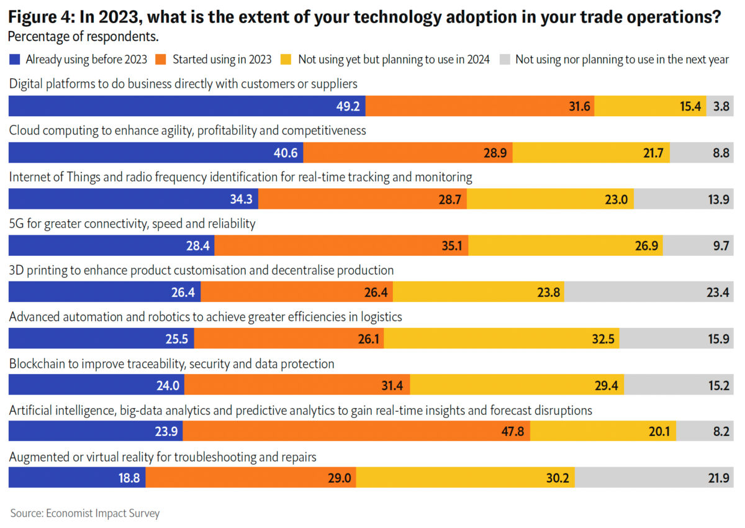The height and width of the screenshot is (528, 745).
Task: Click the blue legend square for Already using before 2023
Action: pos(15,60)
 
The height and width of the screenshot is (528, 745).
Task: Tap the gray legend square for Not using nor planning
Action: pos(505,60)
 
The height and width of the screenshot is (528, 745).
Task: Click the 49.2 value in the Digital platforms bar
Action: pos(348,106)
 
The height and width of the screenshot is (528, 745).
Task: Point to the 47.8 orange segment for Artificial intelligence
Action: pos(356,431)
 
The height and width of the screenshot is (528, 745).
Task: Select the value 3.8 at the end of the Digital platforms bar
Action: pos(721,106)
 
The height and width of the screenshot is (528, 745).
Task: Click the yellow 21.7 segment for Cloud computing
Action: pos(591,153)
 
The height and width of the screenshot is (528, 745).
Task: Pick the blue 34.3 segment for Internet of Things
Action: pos(133,199)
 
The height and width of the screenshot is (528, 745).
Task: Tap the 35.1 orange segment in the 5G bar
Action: pos(341,245)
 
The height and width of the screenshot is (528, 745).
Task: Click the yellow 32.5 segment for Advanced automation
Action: pos(502,339)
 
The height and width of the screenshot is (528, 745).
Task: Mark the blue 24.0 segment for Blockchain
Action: pos(96,385)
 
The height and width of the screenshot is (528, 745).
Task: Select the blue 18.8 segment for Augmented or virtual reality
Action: pos(77,478)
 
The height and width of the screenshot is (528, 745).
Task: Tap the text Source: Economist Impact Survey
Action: pos(84,513)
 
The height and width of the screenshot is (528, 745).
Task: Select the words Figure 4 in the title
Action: pos(41,17)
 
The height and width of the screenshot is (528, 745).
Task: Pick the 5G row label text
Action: pos(132,224)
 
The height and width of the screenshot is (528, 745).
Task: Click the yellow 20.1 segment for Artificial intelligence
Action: pos(603,431)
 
